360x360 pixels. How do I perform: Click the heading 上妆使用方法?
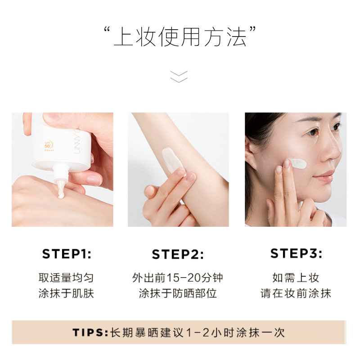tap(180, 38)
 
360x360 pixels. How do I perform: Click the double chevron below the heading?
tap(179, 76)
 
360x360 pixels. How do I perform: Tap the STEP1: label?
tap(67, 254)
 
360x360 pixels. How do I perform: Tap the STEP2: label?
tap(178, 255)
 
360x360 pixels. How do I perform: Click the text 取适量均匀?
tap(66, 278)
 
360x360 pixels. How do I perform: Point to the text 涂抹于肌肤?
tap(66, 294)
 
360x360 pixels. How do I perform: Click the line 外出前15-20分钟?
tap(178, 278)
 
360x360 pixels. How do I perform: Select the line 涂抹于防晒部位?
tap(178, 294)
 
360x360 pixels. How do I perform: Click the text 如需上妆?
tap(296, 278)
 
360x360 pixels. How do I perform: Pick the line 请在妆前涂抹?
tap(296, 294)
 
